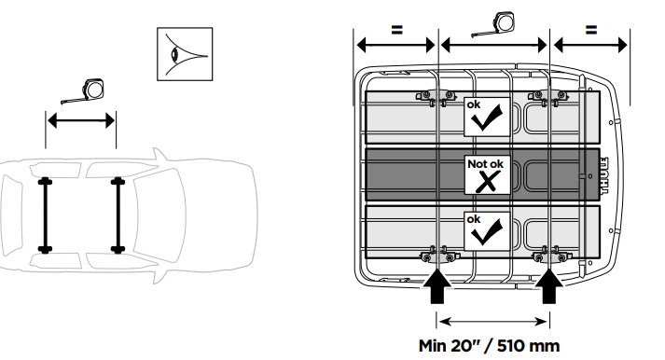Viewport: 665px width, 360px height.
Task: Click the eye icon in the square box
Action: pyautogui.click(x=185, y=54)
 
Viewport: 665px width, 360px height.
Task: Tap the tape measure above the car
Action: pyautogui.click(x=84, y=90)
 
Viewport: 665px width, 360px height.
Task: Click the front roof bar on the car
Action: pyautogui.click(x=118, y=215)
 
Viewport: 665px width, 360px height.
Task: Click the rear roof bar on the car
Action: pyautogui.click(x=45, y=215)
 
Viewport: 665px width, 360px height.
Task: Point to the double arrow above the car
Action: pyautogui.click(x=80, y=121)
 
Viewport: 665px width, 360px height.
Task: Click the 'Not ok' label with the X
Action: pyautogui.click(x=487, y=174)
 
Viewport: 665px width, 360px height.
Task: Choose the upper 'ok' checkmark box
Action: pyautogui.click(x=487, y=117)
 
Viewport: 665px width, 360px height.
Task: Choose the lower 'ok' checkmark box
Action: pyautogui.click(x=487, y=231)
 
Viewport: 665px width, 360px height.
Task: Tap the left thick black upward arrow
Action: pyautogui.click(x=437, y=285)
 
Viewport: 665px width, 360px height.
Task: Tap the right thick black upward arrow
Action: pyautogui.click(x=549, y=285)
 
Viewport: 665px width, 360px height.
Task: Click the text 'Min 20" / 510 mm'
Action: pyautogui.click(x=489, y=346)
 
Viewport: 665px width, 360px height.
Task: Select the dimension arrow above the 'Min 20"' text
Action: pyautogui.click(x=493, y=322)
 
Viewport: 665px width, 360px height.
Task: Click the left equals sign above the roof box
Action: pyautogui.click(x=396, y=30)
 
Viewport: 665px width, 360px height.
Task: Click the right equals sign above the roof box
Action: pyautogui.click(x=591, y=30)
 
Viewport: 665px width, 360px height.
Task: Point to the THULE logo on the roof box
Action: pyautogui.click(x=604, y=175)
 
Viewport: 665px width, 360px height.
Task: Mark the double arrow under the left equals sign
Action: pyautogui.click(x=396, y=45)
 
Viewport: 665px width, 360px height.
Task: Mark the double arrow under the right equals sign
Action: pyautogui.click(x=590, y=45)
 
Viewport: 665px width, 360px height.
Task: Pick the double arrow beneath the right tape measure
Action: pyautogui.click(x=493, y=45)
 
